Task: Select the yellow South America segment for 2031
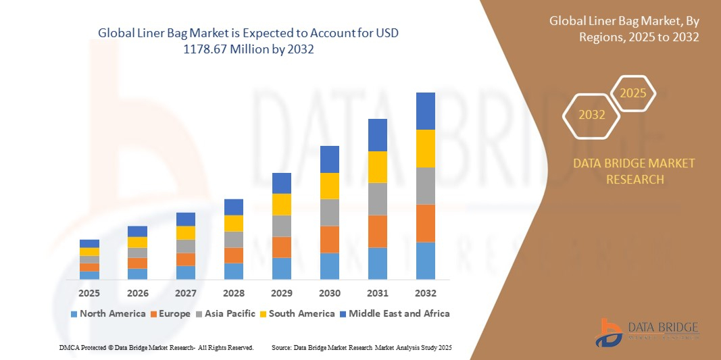(377, 167)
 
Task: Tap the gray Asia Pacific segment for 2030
(329, 212)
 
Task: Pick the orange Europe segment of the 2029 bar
(281, 247)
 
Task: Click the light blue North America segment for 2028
(233, 271)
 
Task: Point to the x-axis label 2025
(89, 294)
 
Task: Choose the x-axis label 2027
(185, 294)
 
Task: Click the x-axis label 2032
(425, 294)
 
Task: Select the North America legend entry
(107, 313)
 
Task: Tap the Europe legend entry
(170, 313)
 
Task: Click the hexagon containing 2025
(633, 93)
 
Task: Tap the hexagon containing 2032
(592, 115)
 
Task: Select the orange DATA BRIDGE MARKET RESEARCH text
(634, 172)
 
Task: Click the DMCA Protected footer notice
(156, 347)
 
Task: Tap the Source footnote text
(362, 347)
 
